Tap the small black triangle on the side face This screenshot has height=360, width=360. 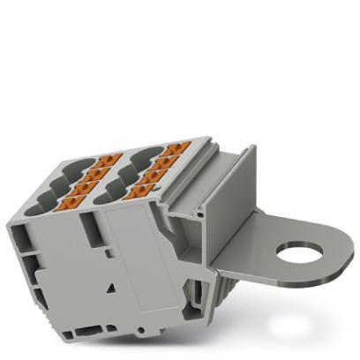coord(112,289)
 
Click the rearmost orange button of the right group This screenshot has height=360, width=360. coord(179,147)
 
